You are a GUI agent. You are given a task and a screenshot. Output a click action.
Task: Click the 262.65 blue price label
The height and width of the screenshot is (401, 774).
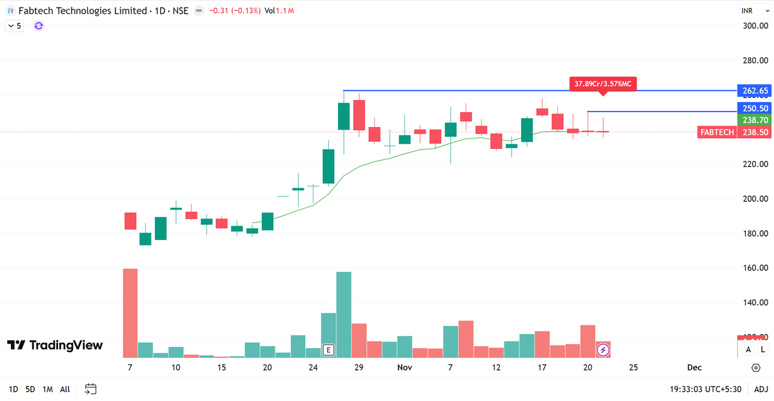pos(754,90)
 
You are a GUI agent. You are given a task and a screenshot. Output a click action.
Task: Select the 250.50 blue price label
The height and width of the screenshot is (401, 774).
pos(754,109)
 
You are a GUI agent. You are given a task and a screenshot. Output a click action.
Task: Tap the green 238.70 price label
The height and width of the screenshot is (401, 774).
pos(754,121)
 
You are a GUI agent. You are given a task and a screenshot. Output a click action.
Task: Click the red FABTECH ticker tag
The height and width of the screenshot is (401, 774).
pos(717,132)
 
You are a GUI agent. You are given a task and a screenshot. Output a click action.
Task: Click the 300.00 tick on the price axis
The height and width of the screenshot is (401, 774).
pos(754,26)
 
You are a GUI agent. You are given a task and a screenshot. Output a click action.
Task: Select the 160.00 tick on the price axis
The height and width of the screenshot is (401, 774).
pos(754,268)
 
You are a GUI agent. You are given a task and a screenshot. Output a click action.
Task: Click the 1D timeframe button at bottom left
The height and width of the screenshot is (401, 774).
pos(13,389)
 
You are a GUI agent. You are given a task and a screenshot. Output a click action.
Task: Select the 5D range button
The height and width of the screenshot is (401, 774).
pos(30,389)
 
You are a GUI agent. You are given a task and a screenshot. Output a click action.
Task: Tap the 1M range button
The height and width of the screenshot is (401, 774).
pos(48,389)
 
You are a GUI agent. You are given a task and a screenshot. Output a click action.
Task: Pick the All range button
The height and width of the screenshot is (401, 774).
pos(65,389)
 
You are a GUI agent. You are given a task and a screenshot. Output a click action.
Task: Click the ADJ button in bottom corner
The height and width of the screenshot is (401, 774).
pos(761,389)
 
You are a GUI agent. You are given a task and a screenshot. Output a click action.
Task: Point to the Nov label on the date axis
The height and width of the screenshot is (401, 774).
pos(404,367)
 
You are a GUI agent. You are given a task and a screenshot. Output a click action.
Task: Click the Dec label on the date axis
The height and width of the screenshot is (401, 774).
pos(694,367)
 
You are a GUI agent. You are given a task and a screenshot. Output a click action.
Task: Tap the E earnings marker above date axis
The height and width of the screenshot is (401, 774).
pos(328,350)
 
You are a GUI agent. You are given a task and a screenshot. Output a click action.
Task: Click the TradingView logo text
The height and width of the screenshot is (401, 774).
pos(55,345)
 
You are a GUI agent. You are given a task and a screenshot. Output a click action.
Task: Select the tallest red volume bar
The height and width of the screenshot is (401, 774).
pos(130,313)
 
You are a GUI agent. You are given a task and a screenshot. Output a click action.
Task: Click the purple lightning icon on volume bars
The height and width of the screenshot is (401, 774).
pos(603,350)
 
